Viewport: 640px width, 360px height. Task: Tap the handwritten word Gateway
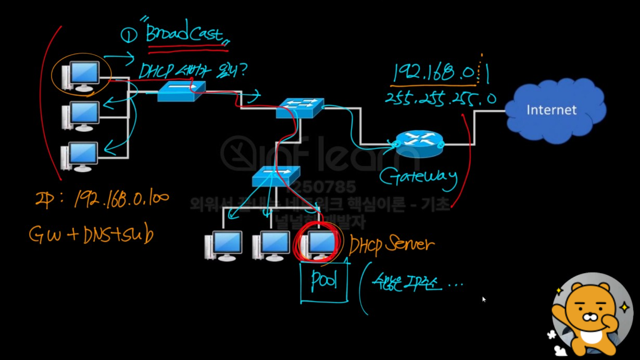(x=418, y=177)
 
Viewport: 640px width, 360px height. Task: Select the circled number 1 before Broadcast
(x=128, y=35)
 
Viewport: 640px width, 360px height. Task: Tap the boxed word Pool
(x=323, y=282)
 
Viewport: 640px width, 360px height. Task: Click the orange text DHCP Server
(x=392, y=244)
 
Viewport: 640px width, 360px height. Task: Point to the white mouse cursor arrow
(x=484, y=299)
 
